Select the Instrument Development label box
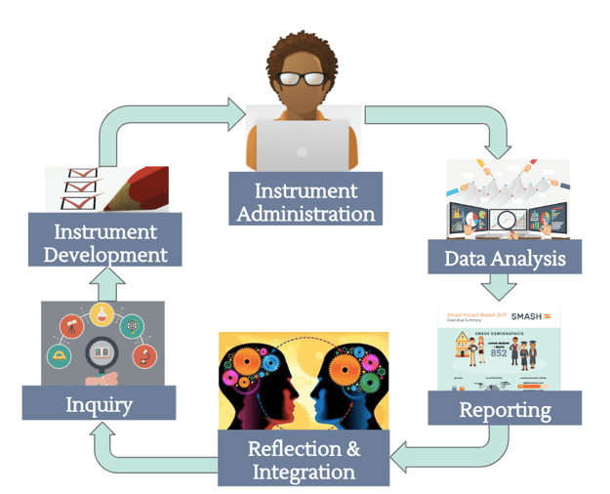[104, 242]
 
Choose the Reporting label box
[505, 409]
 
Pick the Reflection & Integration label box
[303, 460]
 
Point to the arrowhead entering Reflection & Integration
[402, 454]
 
